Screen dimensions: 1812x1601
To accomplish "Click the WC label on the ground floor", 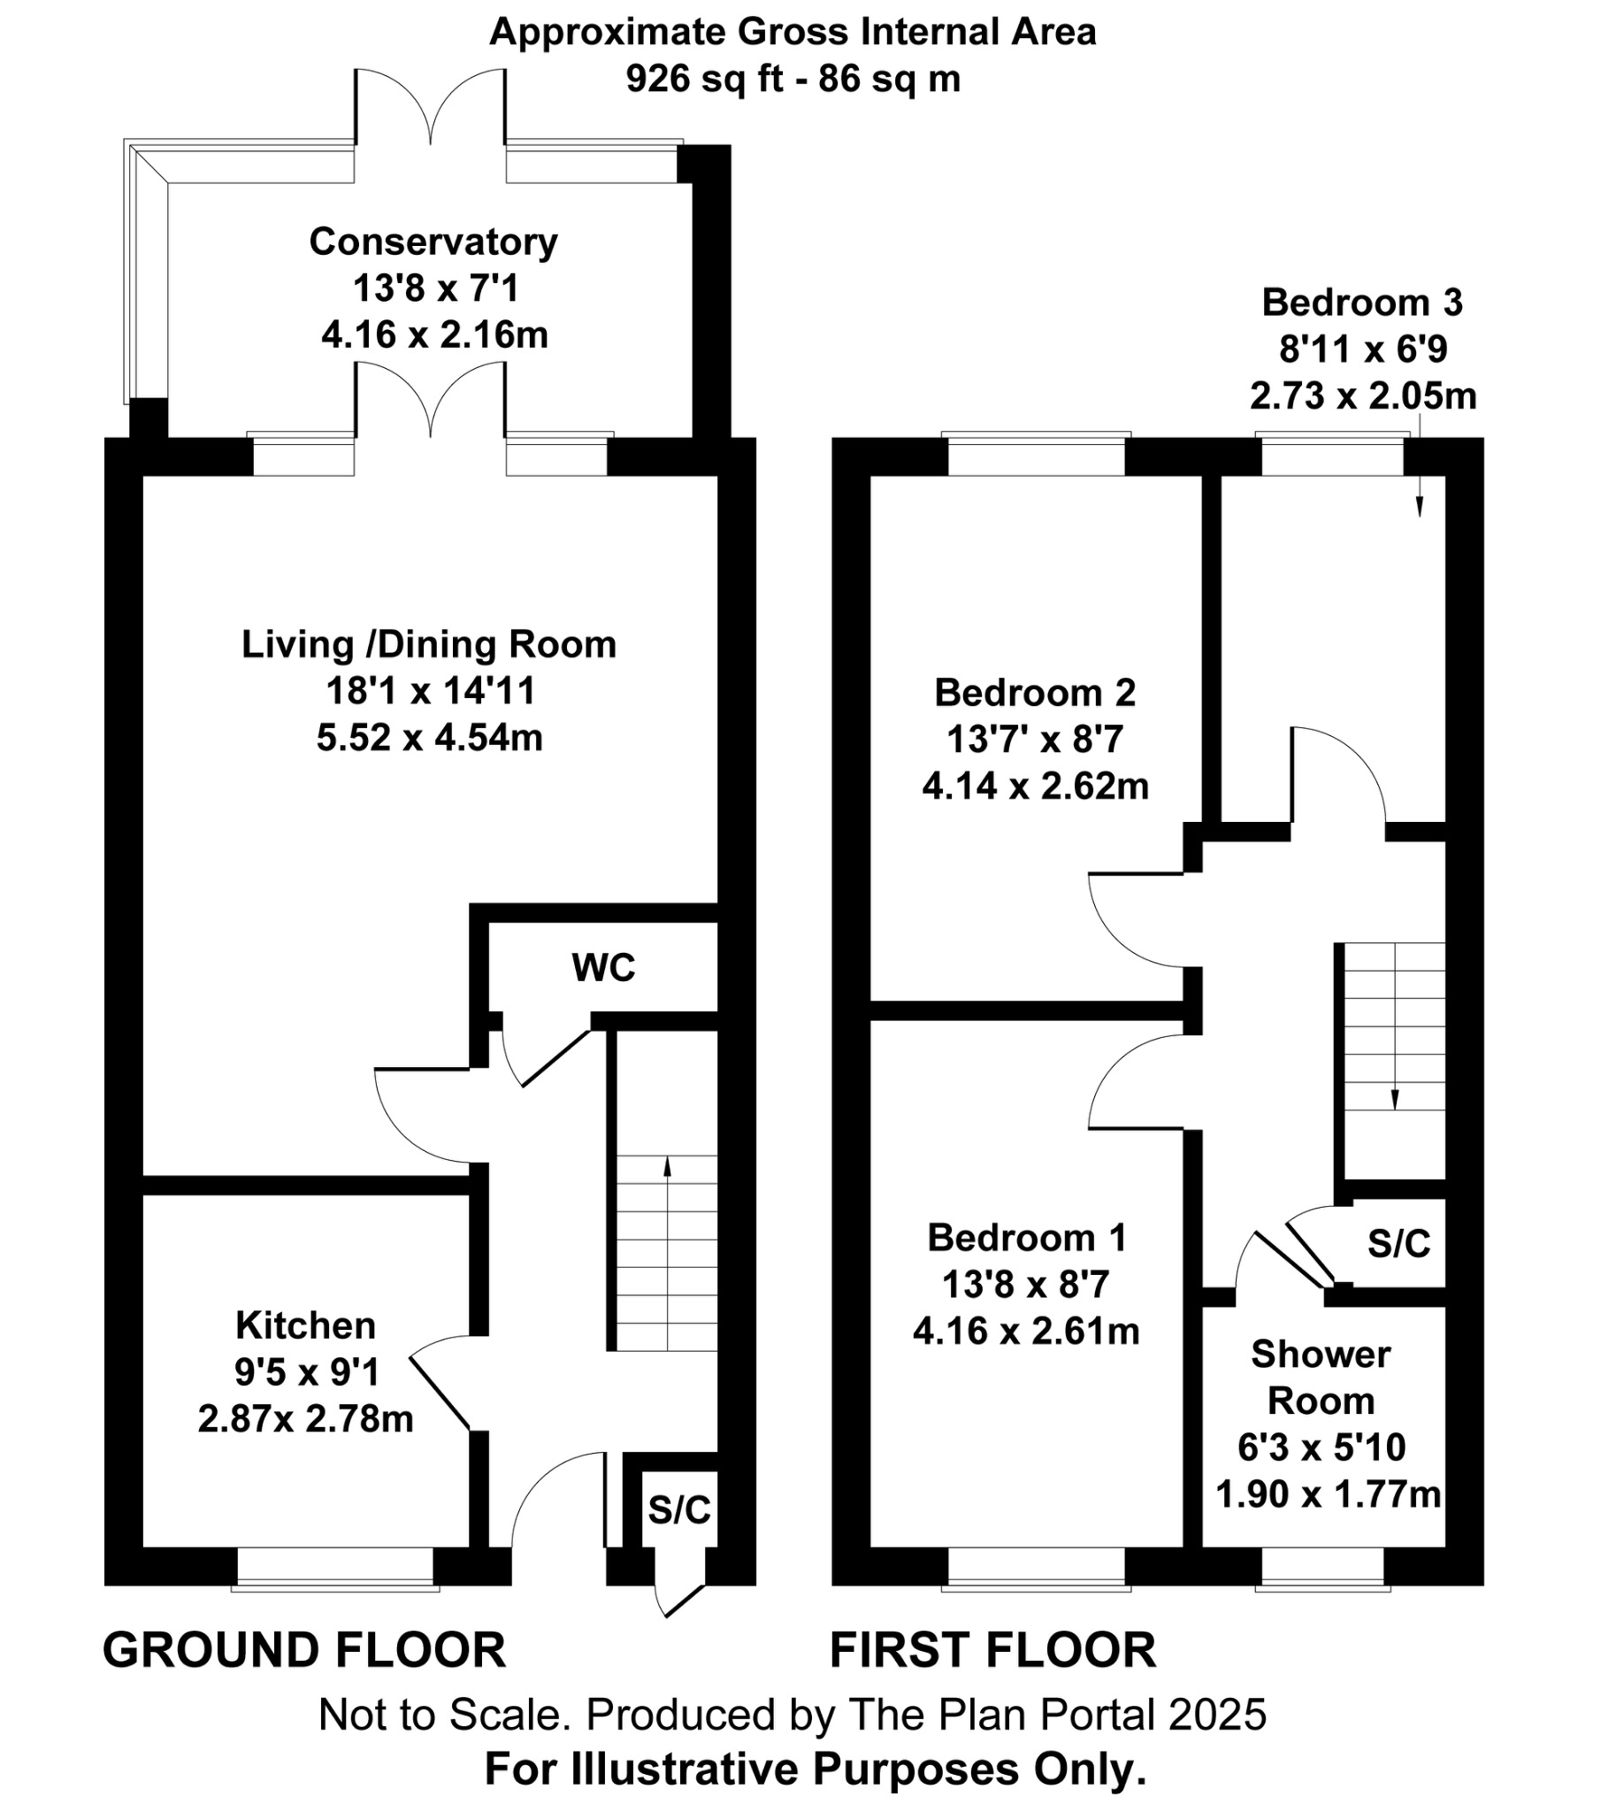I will point(604,968).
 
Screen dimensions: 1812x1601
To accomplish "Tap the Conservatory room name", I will point(433,242).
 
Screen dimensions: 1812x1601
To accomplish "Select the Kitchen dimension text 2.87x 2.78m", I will point(305,1419).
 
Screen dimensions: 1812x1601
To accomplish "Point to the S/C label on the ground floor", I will point(679,1509).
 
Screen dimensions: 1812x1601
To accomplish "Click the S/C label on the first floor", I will point(1398,1244).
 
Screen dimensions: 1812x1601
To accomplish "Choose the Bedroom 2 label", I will point(1035,693).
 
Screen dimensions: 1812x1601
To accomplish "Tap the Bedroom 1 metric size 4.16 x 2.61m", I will point(1026,1331).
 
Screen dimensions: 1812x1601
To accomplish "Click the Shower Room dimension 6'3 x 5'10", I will point(1321,1447).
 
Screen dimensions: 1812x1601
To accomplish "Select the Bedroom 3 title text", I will point(1361,303).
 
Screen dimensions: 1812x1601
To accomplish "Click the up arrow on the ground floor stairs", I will point(667,1163).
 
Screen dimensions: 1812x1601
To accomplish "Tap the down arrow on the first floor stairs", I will point(1394,1104).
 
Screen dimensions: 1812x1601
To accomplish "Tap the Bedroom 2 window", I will point(1036,457).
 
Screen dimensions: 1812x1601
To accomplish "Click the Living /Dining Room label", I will point(429,644).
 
